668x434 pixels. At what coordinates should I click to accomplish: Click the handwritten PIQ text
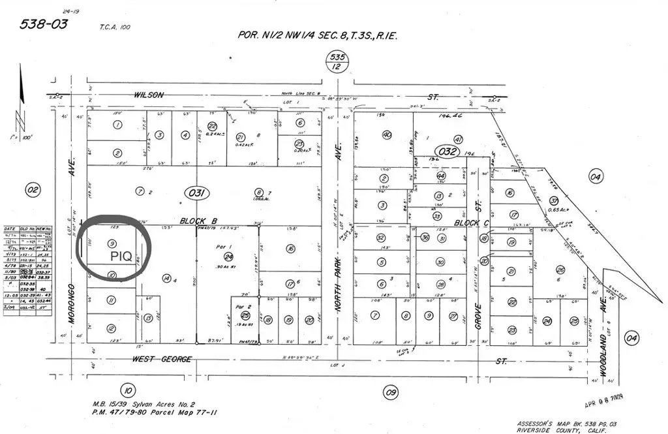[122, 256]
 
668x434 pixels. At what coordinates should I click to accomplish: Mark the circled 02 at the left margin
[32, 190]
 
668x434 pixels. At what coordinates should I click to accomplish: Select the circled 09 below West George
[391, 392]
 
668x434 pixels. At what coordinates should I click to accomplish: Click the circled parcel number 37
[554, 201]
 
